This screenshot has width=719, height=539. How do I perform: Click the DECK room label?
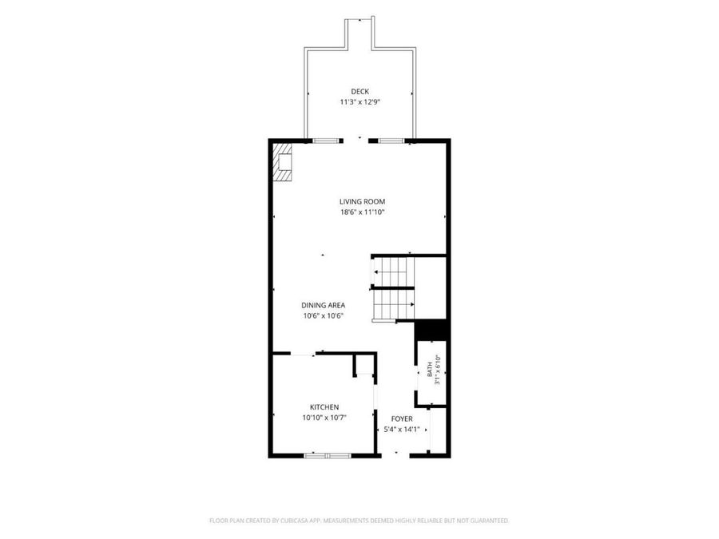(360, 92)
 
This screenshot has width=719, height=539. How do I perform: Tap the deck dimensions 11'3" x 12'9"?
(360, 102)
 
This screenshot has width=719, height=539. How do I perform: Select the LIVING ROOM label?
(362, 202)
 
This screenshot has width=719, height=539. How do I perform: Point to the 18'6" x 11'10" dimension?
(362, 212)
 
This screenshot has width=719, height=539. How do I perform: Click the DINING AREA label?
(324, 305)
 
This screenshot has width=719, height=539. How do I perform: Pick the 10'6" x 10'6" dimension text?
(324, 315)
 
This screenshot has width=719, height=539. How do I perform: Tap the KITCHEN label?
(324, 407)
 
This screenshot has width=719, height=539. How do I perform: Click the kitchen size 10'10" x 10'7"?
(324, 418)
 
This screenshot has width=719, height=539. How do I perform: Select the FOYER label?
(402, 419)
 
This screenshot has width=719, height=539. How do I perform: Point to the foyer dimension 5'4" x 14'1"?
(402, 430)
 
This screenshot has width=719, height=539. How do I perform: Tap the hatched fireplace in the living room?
(283, 162)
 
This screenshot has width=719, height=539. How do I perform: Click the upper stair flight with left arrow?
(393, 271)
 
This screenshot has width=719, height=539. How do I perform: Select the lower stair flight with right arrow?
(393, 304)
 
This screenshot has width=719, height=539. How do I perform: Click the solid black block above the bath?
(431, 330)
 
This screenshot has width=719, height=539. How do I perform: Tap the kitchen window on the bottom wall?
(328, 456)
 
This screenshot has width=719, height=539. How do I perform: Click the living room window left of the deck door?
(326, 141)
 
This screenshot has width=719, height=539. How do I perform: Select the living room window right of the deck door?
(391, 141)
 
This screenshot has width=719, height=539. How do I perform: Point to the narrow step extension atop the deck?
(360, 33)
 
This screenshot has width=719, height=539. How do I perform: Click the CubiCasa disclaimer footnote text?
(359, 521)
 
